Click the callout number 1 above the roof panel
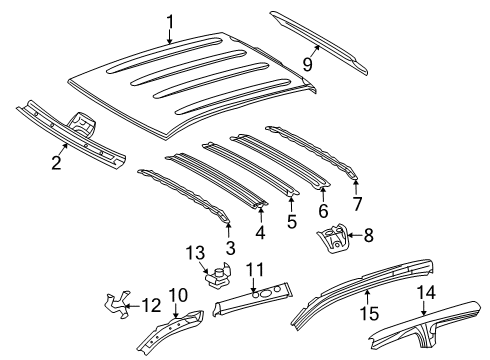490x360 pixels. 170,21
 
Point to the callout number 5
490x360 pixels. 291,223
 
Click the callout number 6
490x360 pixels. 323,211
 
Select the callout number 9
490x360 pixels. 308,66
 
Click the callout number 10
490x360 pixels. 178,294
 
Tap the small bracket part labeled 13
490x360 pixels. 218,273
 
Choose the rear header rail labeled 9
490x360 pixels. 320,42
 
